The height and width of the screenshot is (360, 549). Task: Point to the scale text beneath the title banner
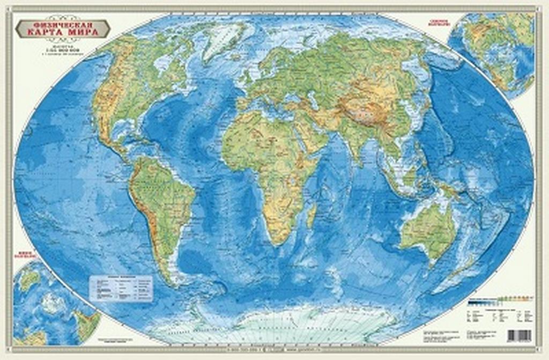pos(63,49)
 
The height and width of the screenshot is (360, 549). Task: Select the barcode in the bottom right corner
pos(518,335)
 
